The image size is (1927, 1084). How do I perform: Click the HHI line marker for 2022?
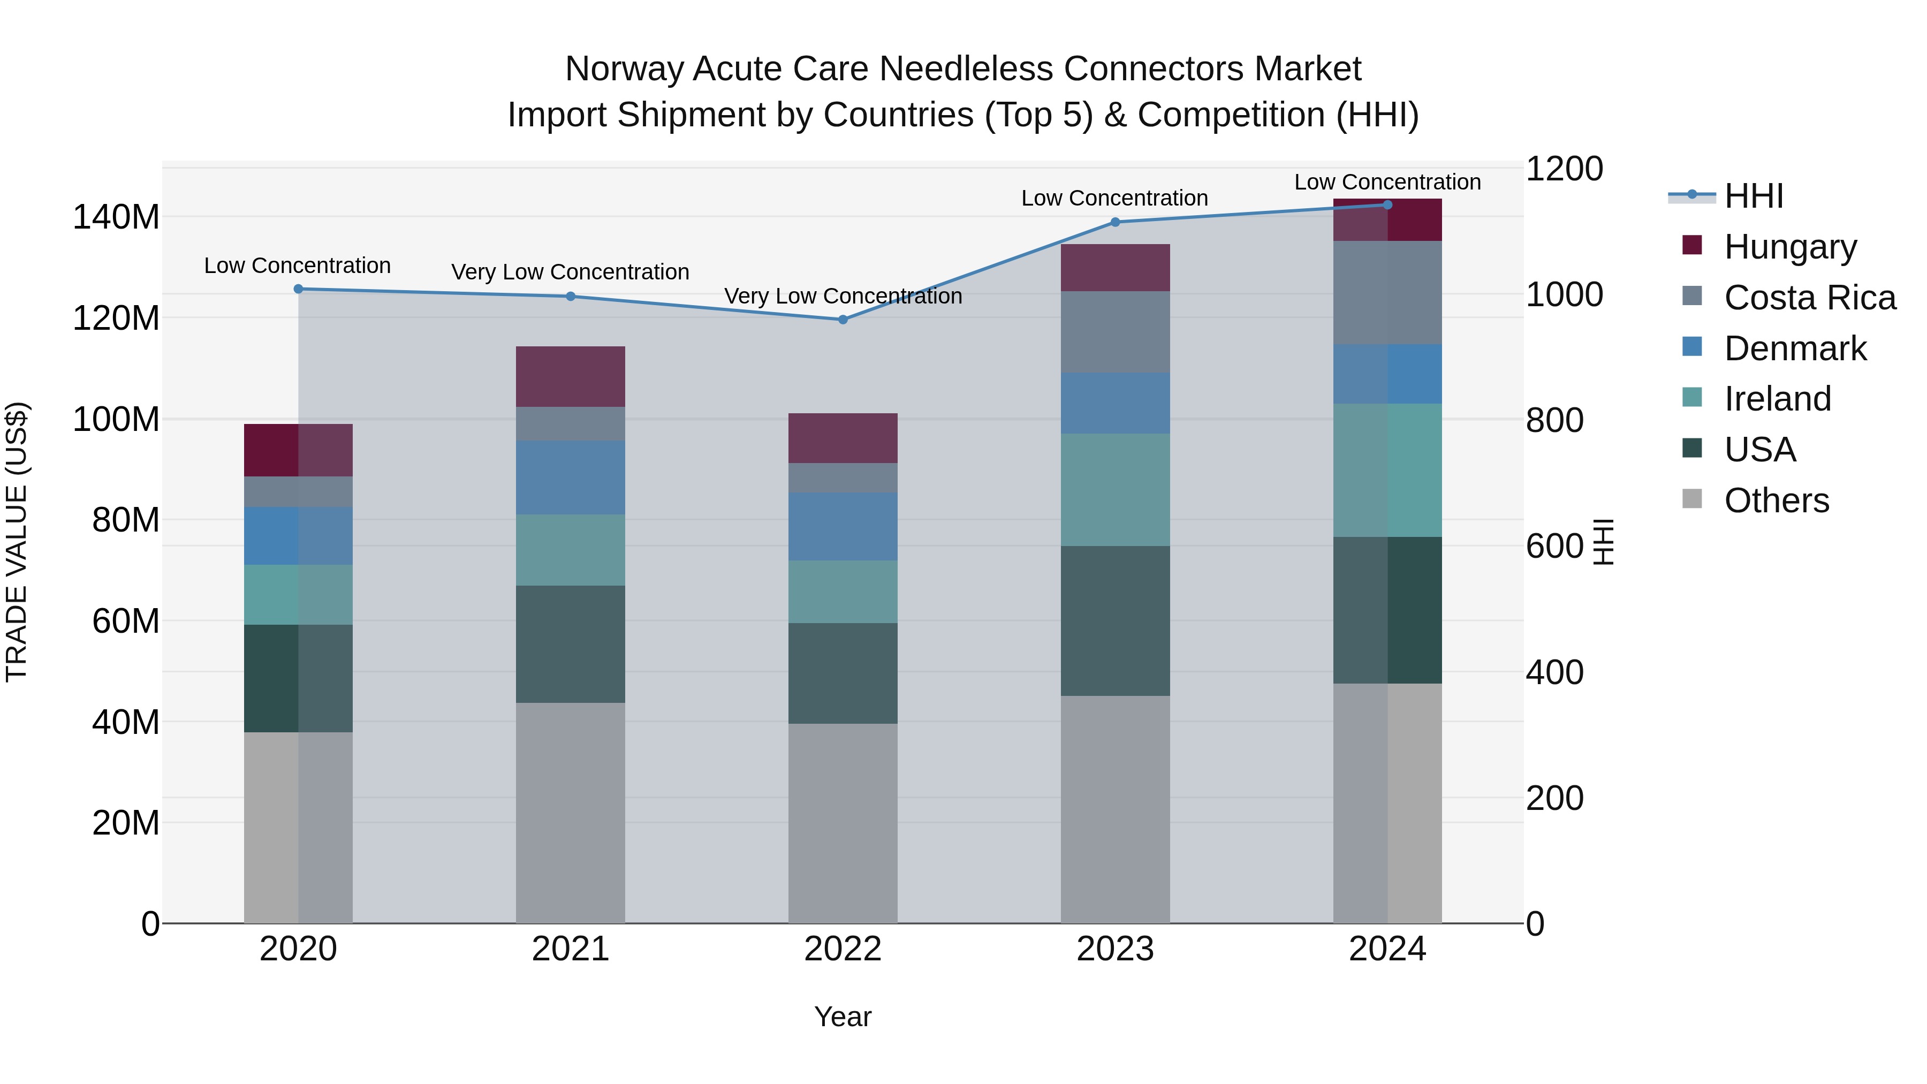(843, 320)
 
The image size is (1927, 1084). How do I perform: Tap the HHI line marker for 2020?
(299, 289)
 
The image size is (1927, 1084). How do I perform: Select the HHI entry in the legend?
(1754, 196)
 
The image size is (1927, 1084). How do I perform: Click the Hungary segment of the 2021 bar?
(570, 376)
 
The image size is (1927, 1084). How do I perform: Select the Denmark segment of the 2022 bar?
(843, 527)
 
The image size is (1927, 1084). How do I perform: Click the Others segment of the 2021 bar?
(570, 813)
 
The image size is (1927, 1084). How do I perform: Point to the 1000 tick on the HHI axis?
(1564, 295)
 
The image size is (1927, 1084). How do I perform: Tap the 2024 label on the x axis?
(1387, 949)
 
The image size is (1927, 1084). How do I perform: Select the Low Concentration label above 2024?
(1387, 183)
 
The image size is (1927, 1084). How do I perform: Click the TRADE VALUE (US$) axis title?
(17, 542)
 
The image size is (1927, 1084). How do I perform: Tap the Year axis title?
(843, 1017)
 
